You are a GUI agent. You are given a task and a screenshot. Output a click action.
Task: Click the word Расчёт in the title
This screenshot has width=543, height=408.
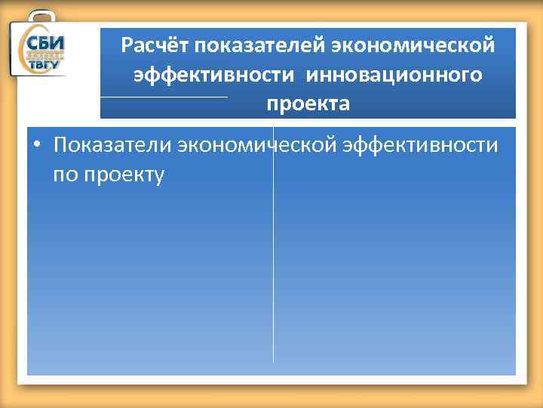tap(154, 47)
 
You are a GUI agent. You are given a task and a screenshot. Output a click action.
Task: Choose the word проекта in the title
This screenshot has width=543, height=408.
tap(307, 104)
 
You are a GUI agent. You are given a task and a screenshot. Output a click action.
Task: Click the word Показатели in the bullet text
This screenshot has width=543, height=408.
tap(112, 144)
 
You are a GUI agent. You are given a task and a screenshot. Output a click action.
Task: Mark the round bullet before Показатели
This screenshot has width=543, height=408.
tap(36, 145)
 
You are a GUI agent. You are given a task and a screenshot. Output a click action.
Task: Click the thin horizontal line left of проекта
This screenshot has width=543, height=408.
tap(163, 97)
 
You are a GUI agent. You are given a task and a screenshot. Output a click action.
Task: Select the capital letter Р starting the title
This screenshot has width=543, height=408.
tap(127, 47)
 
